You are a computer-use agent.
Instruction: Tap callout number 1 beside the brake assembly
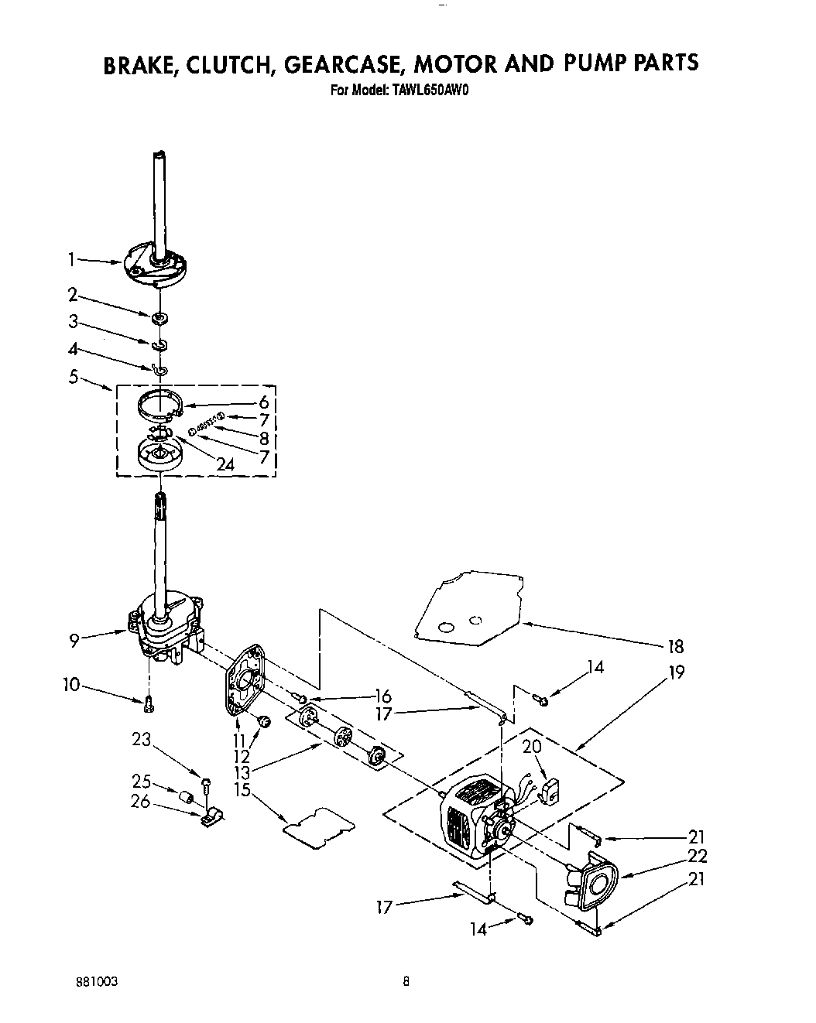[x=71, y=262]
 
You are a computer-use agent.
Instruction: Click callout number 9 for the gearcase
[x=74, y=639]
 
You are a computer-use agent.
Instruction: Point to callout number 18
[x=675, y=647]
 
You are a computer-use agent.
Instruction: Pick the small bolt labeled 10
[x=149, y=703]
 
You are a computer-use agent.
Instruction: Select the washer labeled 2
[x=160, y=316]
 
